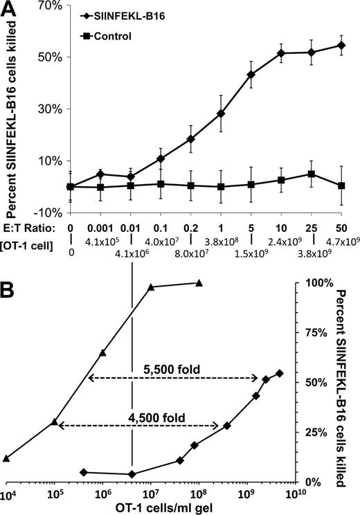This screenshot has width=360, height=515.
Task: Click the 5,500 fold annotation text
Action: pos(172,370)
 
